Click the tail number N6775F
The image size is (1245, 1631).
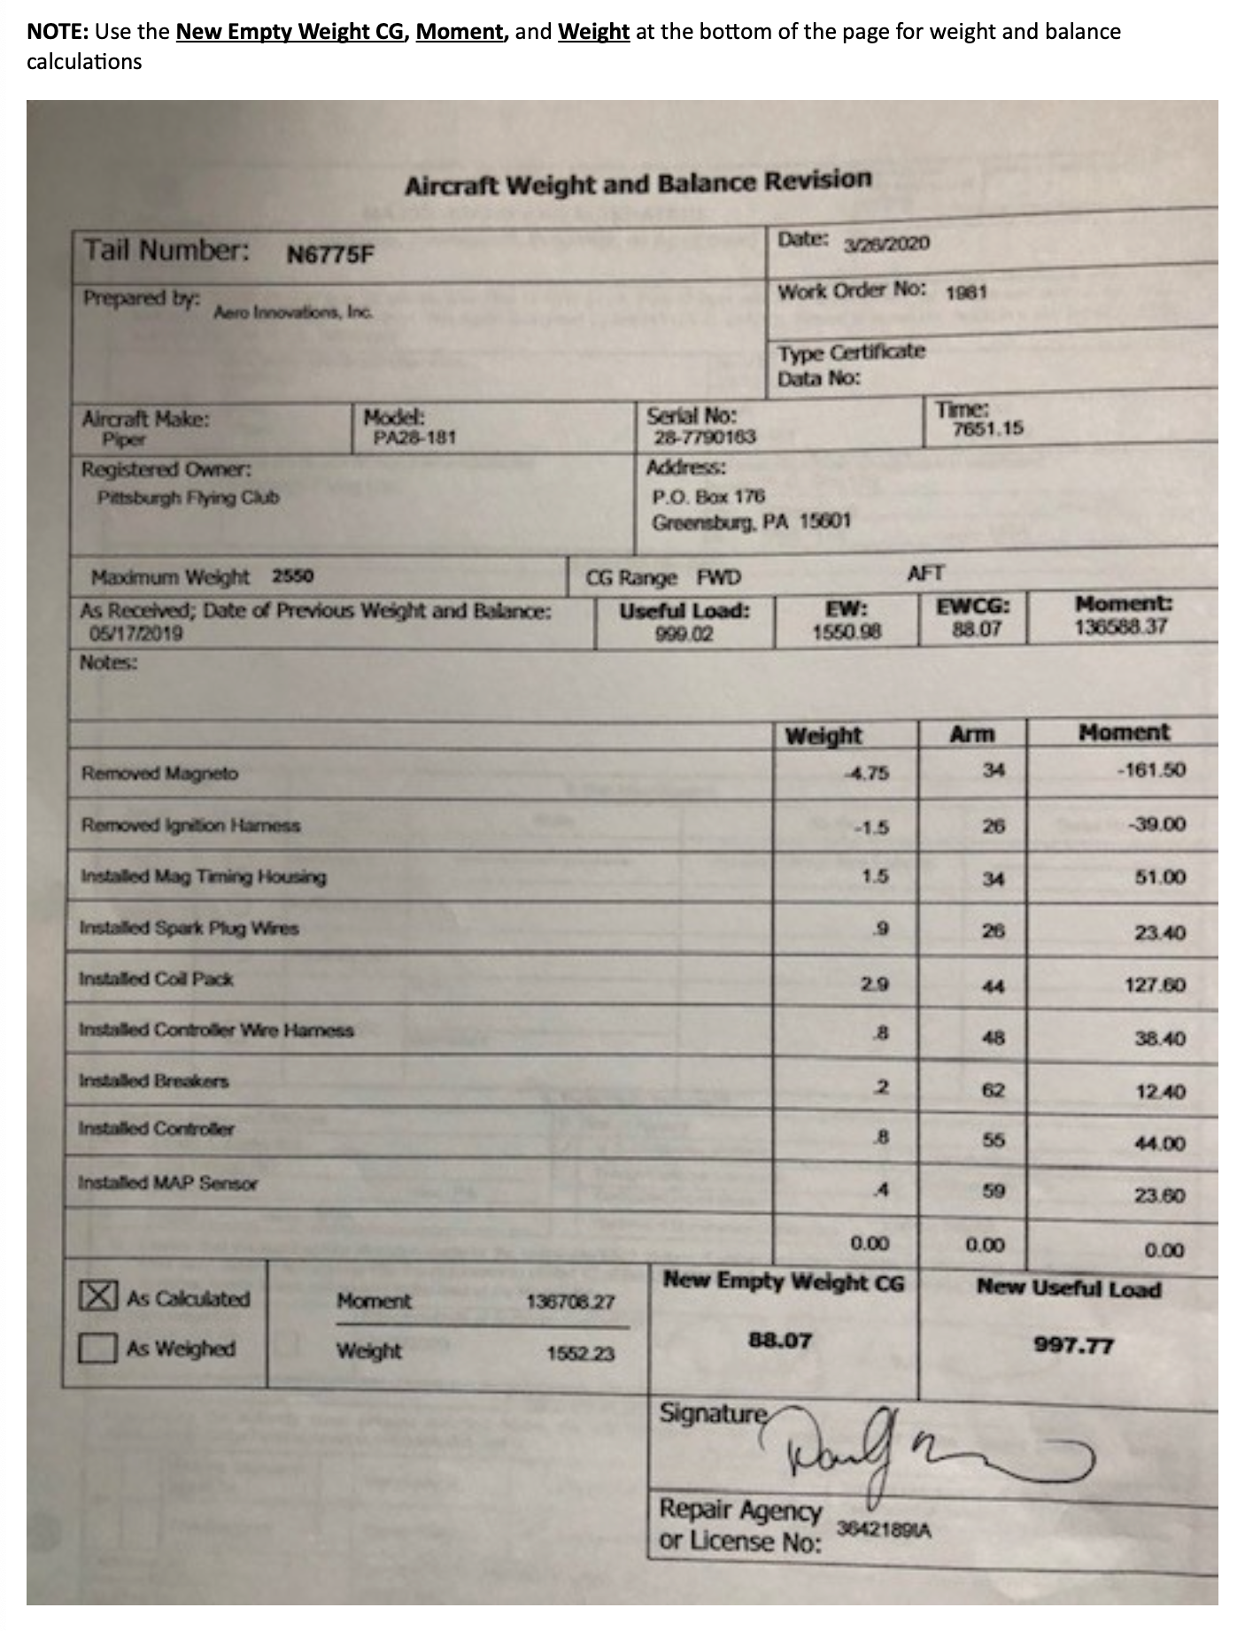tap(330, 255)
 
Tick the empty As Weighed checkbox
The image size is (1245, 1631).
tap(97, 1349)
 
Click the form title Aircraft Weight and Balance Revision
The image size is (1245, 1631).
tap(638, 183)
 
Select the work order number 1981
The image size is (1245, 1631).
tap(965, 292)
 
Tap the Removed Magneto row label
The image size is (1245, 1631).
tap(160, 773)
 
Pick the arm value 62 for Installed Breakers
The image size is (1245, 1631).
tap(994, 1090)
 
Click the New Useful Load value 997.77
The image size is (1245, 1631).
tap(1073, 1346)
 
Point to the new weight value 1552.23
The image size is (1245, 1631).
tap(580, 1354)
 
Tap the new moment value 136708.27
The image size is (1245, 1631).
tap(569, 1302)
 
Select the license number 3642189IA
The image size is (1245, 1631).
tap(883, 1529)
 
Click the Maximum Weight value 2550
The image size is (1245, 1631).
tap(292, 576)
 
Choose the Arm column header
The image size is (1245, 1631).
tap(971, 734)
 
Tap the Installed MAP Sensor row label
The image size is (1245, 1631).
tap(167, 1183)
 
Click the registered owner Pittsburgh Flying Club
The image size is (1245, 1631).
tap(188, 498)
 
